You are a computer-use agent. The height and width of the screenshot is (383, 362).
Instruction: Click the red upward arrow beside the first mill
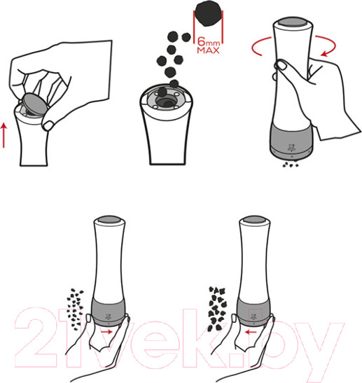point(4,136)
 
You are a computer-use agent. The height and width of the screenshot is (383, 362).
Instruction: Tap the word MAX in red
point(209,50)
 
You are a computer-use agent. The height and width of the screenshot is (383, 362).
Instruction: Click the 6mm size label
point(209,42)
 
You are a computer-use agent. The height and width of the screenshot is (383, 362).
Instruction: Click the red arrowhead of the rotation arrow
point(324,53)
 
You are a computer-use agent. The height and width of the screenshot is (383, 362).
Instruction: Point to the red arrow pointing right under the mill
point(106,332)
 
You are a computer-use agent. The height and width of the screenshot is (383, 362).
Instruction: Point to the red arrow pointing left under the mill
point(251,332)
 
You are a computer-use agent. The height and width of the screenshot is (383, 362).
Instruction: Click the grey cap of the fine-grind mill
point(109,219)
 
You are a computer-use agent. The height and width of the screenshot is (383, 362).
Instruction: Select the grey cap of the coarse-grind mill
point(254,219)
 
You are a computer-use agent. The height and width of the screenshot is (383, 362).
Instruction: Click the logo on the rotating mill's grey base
point(290,147)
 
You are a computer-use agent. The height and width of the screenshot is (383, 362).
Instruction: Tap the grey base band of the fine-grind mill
point(109,312)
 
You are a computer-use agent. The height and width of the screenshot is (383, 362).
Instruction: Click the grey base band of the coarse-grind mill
point(253,312)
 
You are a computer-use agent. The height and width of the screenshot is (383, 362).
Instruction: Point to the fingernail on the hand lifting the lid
point(48,126)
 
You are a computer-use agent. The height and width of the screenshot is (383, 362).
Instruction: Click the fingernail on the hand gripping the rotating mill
point(281,64)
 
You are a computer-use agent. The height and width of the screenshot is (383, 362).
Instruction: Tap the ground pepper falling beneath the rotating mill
point(291,165)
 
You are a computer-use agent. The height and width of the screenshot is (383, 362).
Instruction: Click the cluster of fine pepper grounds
point(75,308)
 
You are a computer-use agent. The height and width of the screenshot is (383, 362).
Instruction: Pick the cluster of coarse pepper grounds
point(217,309)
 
